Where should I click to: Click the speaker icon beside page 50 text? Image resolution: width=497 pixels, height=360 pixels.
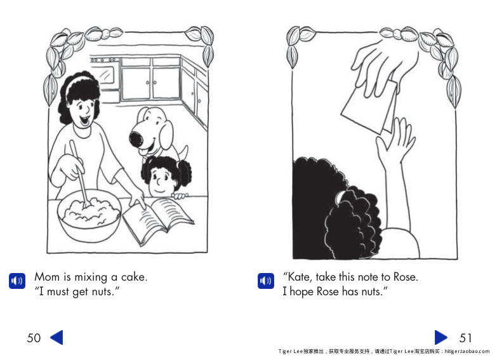(x=17, y=281)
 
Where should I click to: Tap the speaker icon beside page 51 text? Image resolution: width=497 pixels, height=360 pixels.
(x=265, y=281)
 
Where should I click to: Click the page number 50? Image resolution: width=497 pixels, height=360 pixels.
(x=34, y=338)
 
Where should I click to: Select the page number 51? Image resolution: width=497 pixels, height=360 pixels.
(x=465, y=338)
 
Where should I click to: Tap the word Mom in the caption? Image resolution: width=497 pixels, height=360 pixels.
(x=46, y=277)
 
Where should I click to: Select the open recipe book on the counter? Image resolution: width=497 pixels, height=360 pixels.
(x=157, y=219)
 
